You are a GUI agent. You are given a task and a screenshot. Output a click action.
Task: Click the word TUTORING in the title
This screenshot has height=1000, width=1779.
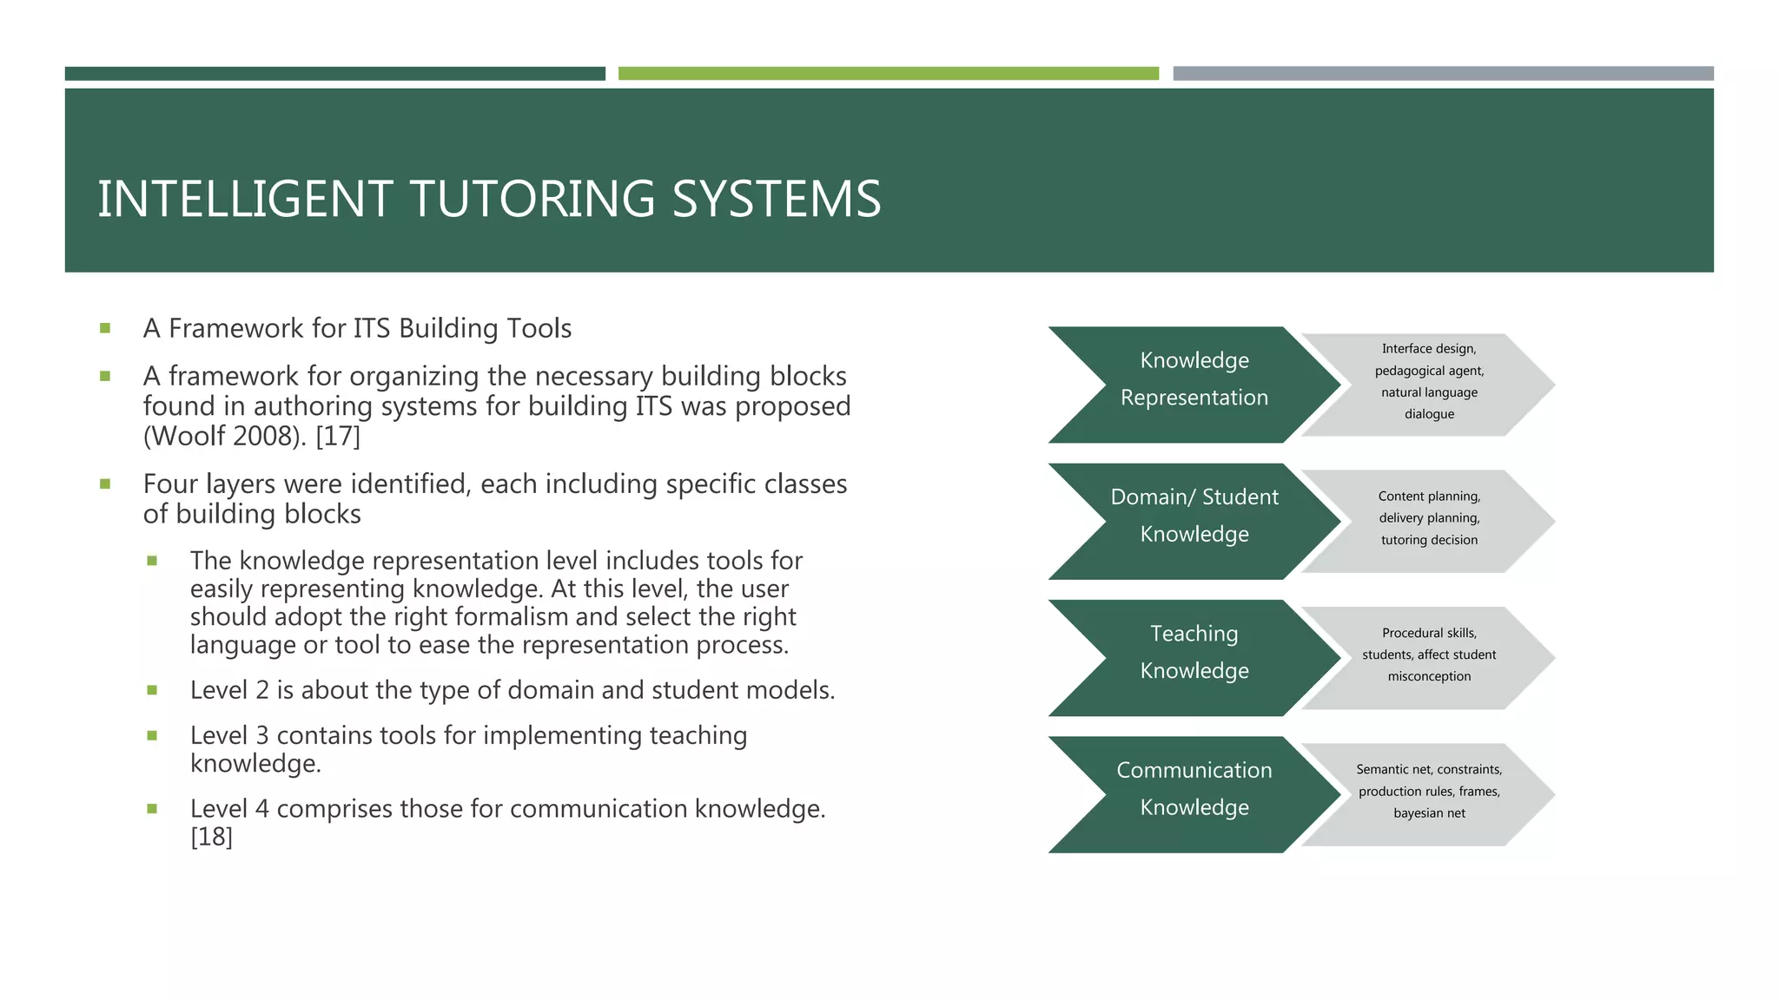click(x=532, y=199)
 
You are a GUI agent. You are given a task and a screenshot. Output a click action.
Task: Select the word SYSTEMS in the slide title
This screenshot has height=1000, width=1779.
click(x=777, y=199)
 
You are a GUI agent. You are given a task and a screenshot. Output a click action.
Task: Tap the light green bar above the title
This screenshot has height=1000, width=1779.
click(x=888, y=74)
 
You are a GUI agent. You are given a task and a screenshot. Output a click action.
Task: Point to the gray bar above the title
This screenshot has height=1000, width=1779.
click(x=1443, y=74)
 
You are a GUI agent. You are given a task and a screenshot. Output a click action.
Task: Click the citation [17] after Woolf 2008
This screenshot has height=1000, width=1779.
click(x=337, y=436)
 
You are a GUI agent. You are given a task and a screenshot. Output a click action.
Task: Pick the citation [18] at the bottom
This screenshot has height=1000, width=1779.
click(x=211, y=837)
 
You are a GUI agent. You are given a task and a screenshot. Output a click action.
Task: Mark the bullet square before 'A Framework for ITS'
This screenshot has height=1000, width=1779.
click(x=105, y=328)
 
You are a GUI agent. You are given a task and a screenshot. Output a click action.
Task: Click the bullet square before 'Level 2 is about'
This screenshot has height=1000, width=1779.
click(x=152, y=690)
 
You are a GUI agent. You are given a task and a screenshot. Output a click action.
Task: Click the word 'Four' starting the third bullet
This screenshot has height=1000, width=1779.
click(x=170, y=484)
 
